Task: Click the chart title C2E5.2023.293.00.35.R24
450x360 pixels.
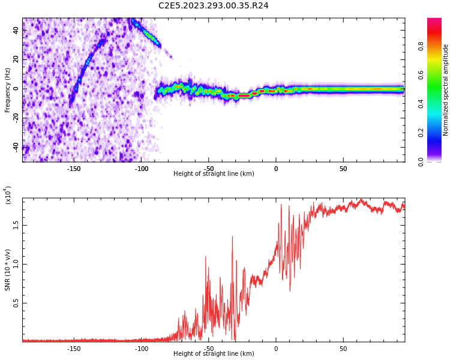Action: coord(214,5)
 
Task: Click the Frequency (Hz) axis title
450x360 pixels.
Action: coord(8,89)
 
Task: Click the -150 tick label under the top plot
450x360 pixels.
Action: coord(74,168)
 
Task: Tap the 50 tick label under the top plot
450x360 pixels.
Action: coord(343,168)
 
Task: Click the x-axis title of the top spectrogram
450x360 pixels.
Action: coord(214,174)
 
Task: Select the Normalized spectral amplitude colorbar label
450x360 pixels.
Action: coord(446,90)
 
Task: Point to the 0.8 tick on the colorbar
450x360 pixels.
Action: coord(437,46)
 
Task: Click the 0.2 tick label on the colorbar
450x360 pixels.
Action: coord(437,133)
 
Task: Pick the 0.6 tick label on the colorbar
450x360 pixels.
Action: coord(437,74)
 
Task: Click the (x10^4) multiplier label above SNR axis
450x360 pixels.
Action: coord(8,196)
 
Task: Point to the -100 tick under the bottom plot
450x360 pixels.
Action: coord(141,348)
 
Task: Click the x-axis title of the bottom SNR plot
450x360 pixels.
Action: coord(214,354)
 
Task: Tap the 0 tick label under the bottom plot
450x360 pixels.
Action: coord(276,348)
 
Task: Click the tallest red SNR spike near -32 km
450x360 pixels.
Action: coord(232,237)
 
